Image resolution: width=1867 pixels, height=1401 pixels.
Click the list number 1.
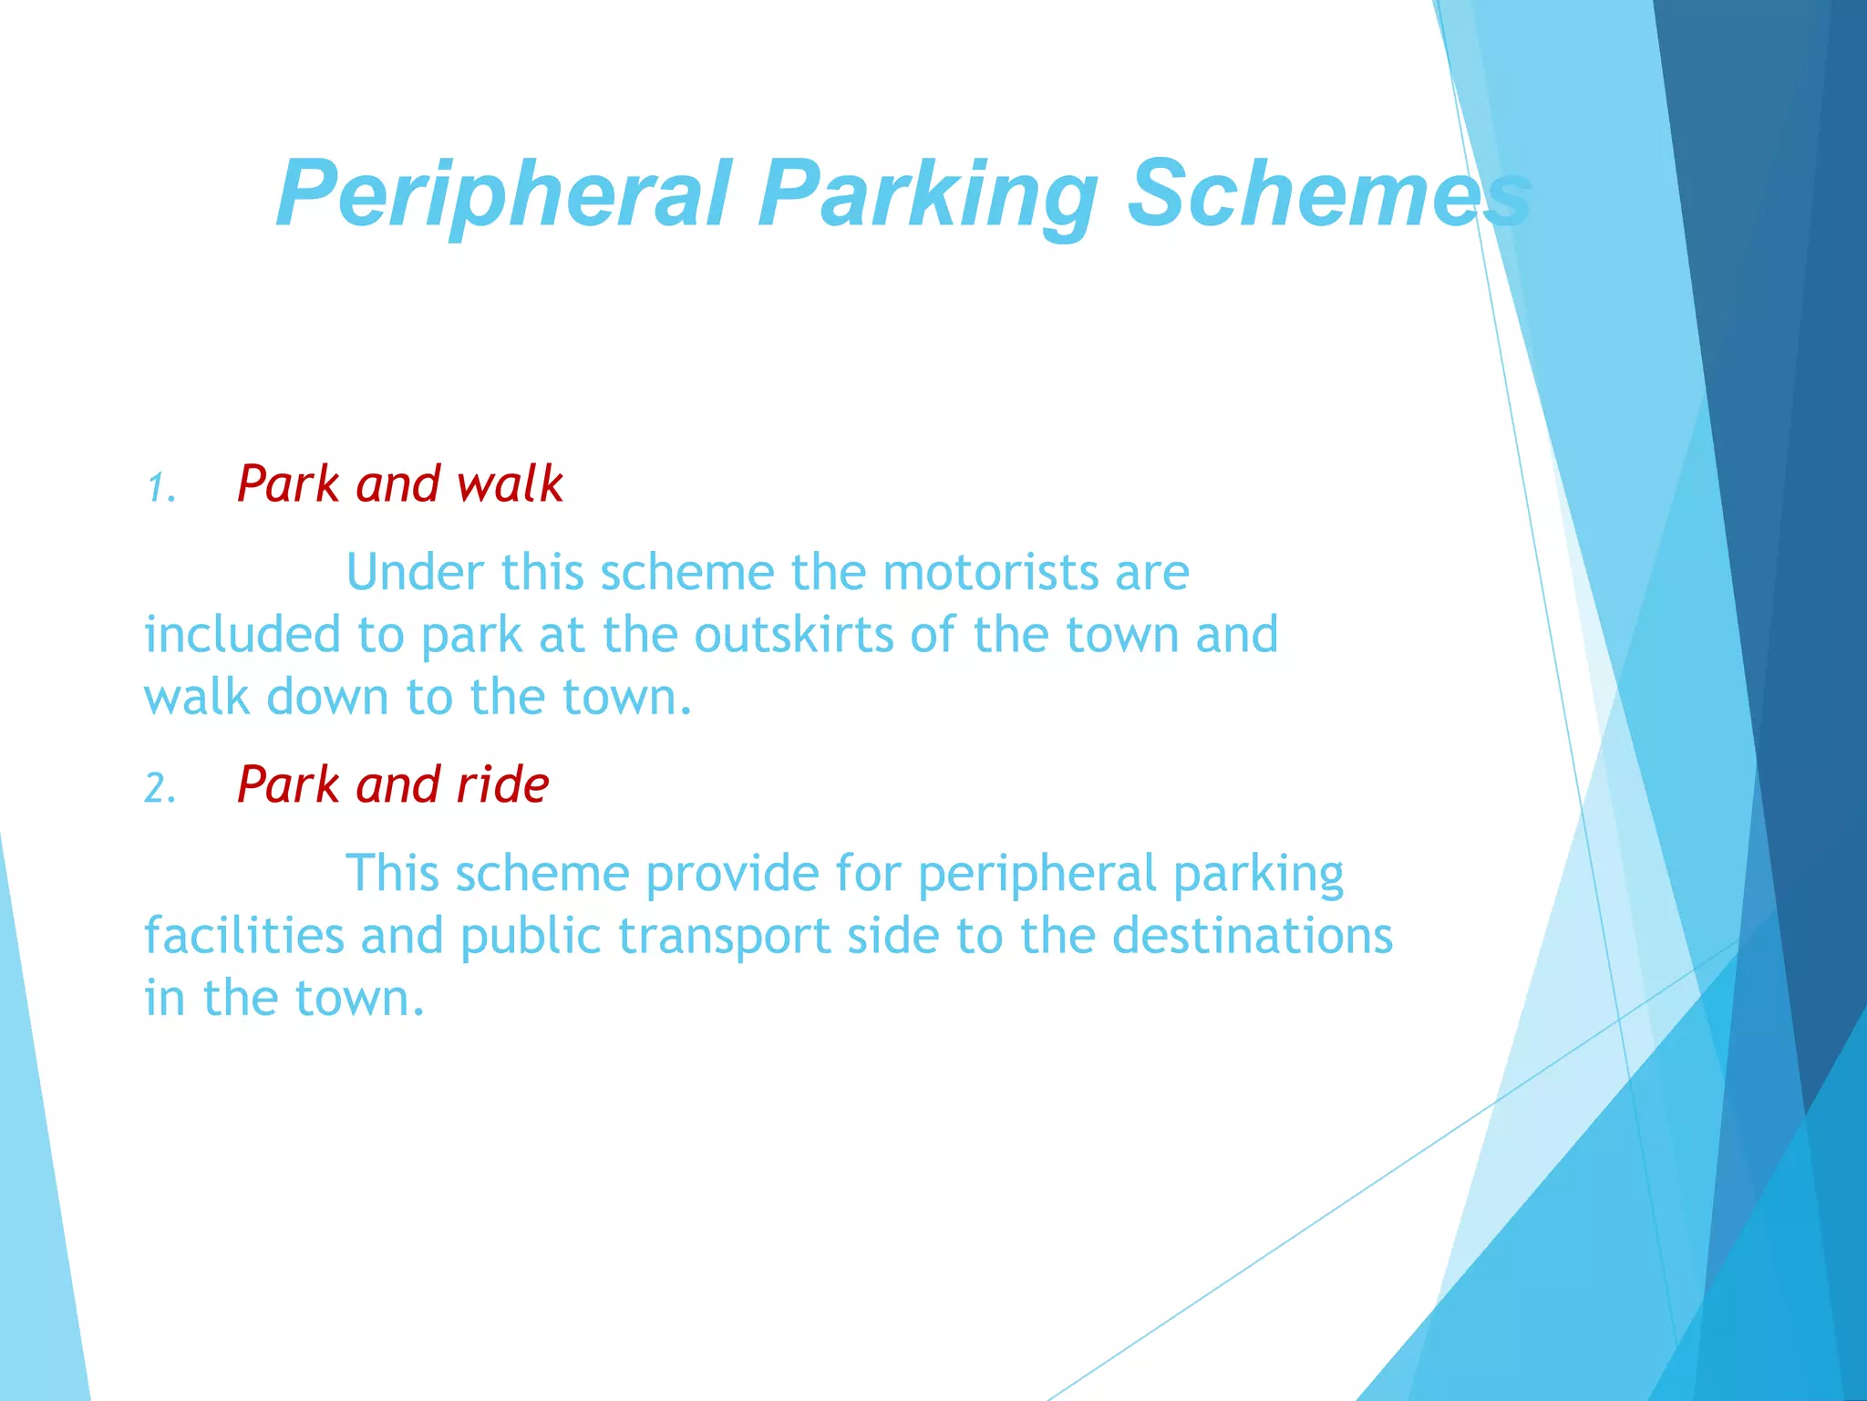tap(160, 488)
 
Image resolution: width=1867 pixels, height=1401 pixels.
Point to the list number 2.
tap(160, 789)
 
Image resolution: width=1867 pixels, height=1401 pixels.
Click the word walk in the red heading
tap(511, 483)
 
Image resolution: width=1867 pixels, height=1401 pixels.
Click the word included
tap(242, 635)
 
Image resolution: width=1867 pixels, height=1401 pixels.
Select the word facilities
tap(244, 936)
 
